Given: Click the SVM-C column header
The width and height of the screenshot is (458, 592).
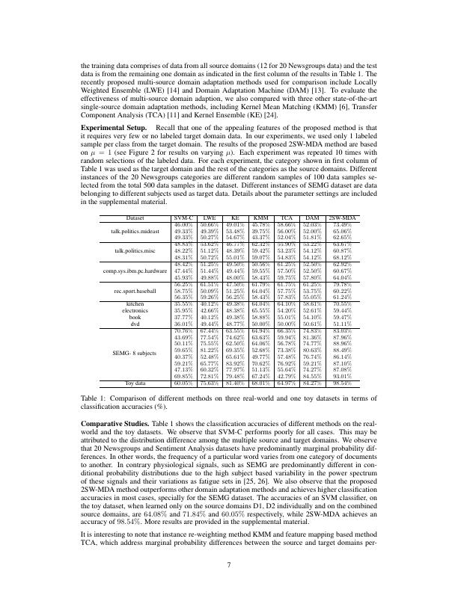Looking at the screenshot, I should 183,218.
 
